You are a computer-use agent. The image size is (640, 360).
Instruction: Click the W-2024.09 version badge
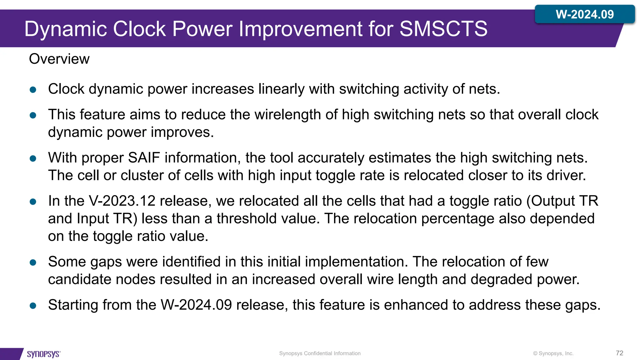pyautogui.click(x=585, y=14)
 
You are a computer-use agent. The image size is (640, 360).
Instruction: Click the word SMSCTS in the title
pyautogui.click(x=443, y=29)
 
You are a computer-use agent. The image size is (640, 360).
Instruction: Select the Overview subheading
pyautogui.click(x=59, y=59)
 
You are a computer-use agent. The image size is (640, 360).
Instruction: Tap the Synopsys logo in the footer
pyautogui.click(x=44, y=354)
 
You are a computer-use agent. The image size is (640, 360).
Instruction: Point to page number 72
pyautogui.click(x=619, y=353)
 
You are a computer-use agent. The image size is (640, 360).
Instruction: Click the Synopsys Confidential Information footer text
pyautogui.click(x=320, y=353)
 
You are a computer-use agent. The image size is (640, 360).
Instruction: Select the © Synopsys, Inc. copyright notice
pyautogui.click(x=553, y=353)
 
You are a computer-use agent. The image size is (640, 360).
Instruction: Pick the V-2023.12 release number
pyautogui.click(x=122, y=201)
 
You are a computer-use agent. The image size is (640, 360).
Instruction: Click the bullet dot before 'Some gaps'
pyautogui.click(x=33, y=262)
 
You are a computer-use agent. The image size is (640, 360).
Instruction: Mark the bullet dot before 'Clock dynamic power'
pyautogui.click(x=33, y=90)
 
